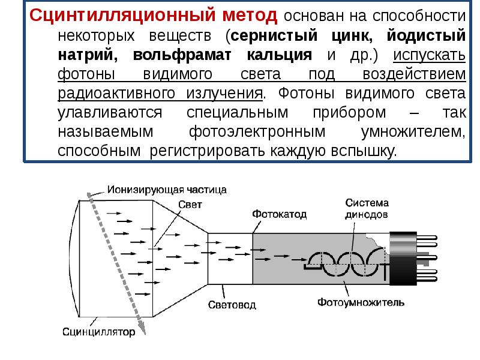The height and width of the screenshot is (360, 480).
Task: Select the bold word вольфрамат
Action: (x=176, y=55)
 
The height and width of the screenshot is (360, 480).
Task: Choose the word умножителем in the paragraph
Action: (x=412, y=132)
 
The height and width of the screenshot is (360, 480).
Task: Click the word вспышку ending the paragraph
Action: (x=364, y=152)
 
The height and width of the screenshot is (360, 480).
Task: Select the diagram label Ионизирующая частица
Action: (x=167, y=190)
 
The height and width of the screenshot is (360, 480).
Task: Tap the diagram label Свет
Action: (x=190, y=204)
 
